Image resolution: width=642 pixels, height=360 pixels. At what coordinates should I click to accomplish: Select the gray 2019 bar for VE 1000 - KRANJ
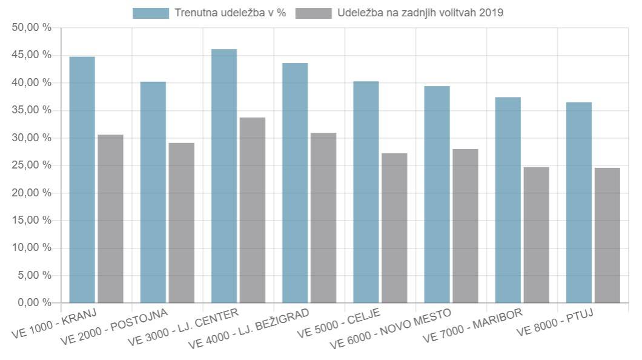coord(110,219)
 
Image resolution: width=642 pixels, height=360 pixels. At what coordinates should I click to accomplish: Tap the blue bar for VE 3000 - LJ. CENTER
coord(224,176)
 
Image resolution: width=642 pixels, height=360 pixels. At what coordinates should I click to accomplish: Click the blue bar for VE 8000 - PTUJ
coord(578,202)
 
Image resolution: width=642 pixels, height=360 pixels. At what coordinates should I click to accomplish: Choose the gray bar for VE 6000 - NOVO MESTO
coord(465,225)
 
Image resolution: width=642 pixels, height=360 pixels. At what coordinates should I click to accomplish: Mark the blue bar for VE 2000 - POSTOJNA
coord(153,192)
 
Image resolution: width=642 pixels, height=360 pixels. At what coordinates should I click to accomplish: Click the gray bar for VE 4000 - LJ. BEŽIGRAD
coord(323,218)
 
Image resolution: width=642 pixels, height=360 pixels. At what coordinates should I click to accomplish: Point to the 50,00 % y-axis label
coord(31,28)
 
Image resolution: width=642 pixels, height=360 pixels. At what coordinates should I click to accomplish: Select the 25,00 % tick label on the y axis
coord(31,165)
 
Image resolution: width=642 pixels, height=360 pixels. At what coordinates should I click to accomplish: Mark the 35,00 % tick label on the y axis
coord(31,110)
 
